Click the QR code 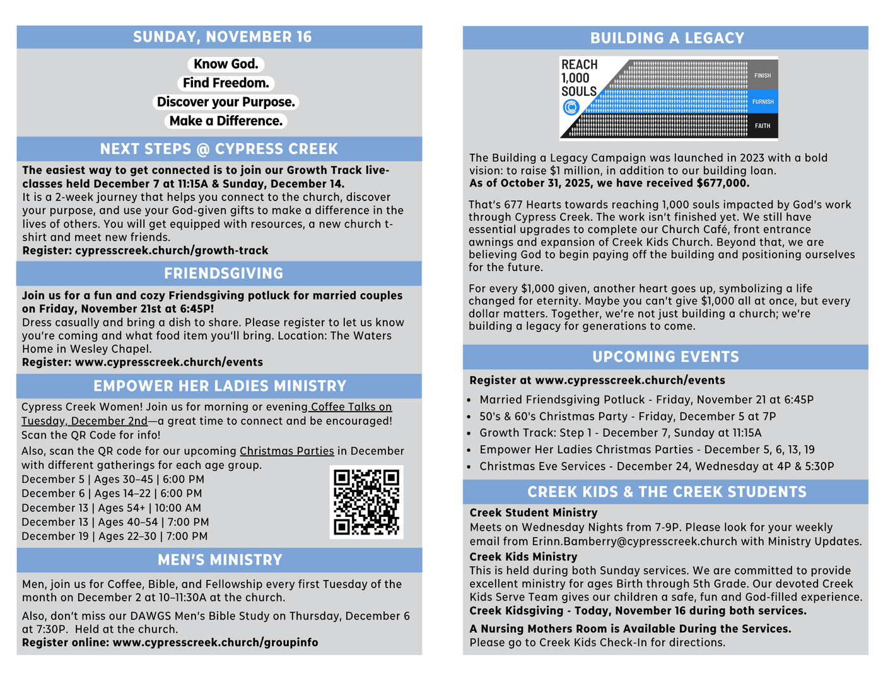click(366, 502)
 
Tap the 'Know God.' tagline click(226, 64)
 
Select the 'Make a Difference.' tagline click(226, 121)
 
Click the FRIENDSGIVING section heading click(223, 274)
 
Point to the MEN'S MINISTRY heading click(219, 560)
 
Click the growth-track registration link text click(172, 251)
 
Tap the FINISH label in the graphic click(763, 76)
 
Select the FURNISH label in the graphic click(763, 101)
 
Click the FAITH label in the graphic click(763, 126)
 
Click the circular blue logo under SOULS click(571, 108)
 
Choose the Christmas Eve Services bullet click(656, 466)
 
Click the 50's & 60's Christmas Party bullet click(628, 417)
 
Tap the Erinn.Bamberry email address click(634, 541)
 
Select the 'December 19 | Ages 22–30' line click(114, 536)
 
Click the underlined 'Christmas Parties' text click(286, 451)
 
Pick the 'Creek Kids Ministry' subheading click(523, 557)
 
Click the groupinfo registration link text click(215, 643)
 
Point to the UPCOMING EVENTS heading click(665, 357)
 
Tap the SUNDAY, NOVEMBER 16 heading click(222, 37)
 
